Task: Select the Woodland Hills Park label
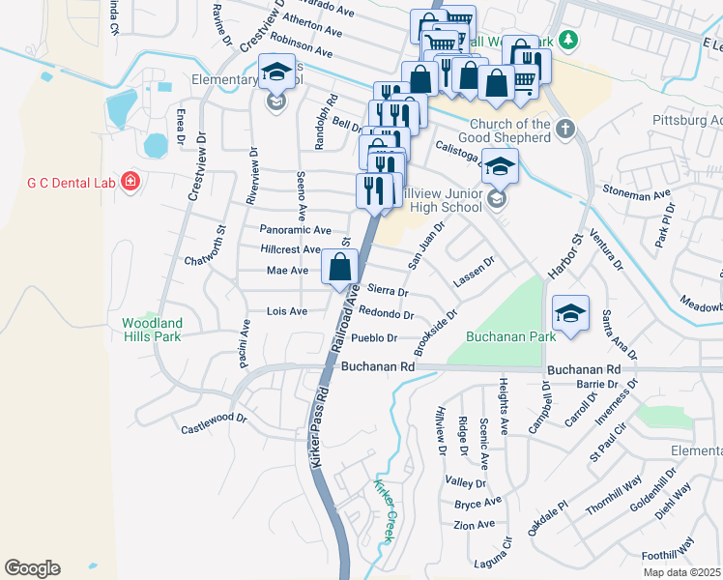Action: tap(151, 330)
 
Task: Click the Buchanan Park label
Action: tap(510, 337)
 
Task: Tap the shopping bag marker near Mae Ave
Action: tap(339, 268)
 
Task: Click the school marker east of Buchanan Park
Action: tap(571, 313)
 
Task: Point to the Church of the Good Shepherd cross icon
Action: tap(564, 129)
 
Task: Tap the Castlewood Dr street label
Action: tap(214, 420)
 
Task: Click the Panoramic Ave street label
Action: tap(296, 230)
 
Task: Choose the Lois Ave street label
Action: tap(286, 311)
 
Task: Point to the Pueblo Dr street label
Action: tap(375, 338)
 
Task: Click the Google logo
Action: tap(32, 568)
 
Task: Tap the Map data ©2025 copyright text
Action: tap(681, 572)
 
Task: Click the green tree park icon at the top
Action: tap(570, 40)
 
